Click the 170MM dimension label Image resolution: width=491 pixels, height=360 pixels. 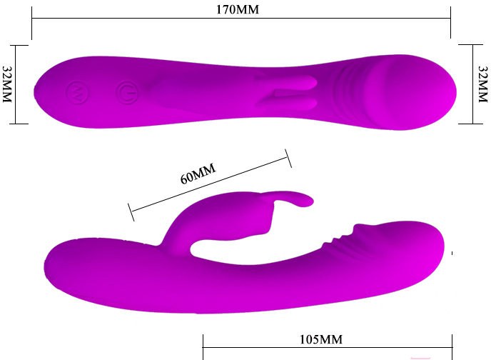tap(238, 10)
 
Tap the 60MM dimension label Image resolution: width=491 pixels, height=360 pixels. tap(198, 174)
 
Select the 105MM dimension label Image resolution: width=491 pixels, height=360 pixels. tap(321, 339)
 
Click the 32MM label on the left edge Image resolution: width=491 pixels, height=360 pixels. tap(7, 84)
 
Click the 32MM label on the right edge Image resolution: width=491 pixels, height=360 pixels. tap(483, 84)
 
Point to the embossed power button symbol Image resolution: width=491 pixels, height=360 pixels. tap(127, 93)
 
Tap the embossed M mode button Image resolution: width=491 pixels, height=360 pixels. tap(77, 93)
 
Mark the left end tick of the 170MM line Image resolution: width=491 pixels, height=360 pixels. tap(31, 23)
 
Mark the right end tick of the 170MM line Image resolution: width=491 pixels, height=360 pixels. tap(450, 22)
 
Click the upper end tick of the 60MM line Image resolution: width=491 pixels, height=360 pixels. tap(288, 159)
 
